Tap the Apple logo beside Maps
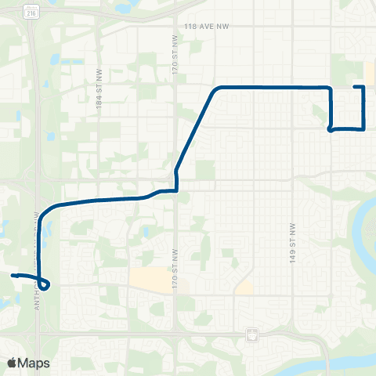click(12, 363)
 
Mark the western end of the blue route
click(12, 275)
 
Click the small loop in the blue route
click(45, 284)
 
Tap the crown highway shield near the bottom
click(251, 334)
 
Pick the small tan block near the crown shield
click(244, 287)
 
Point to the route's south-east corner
click(363, 128)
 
